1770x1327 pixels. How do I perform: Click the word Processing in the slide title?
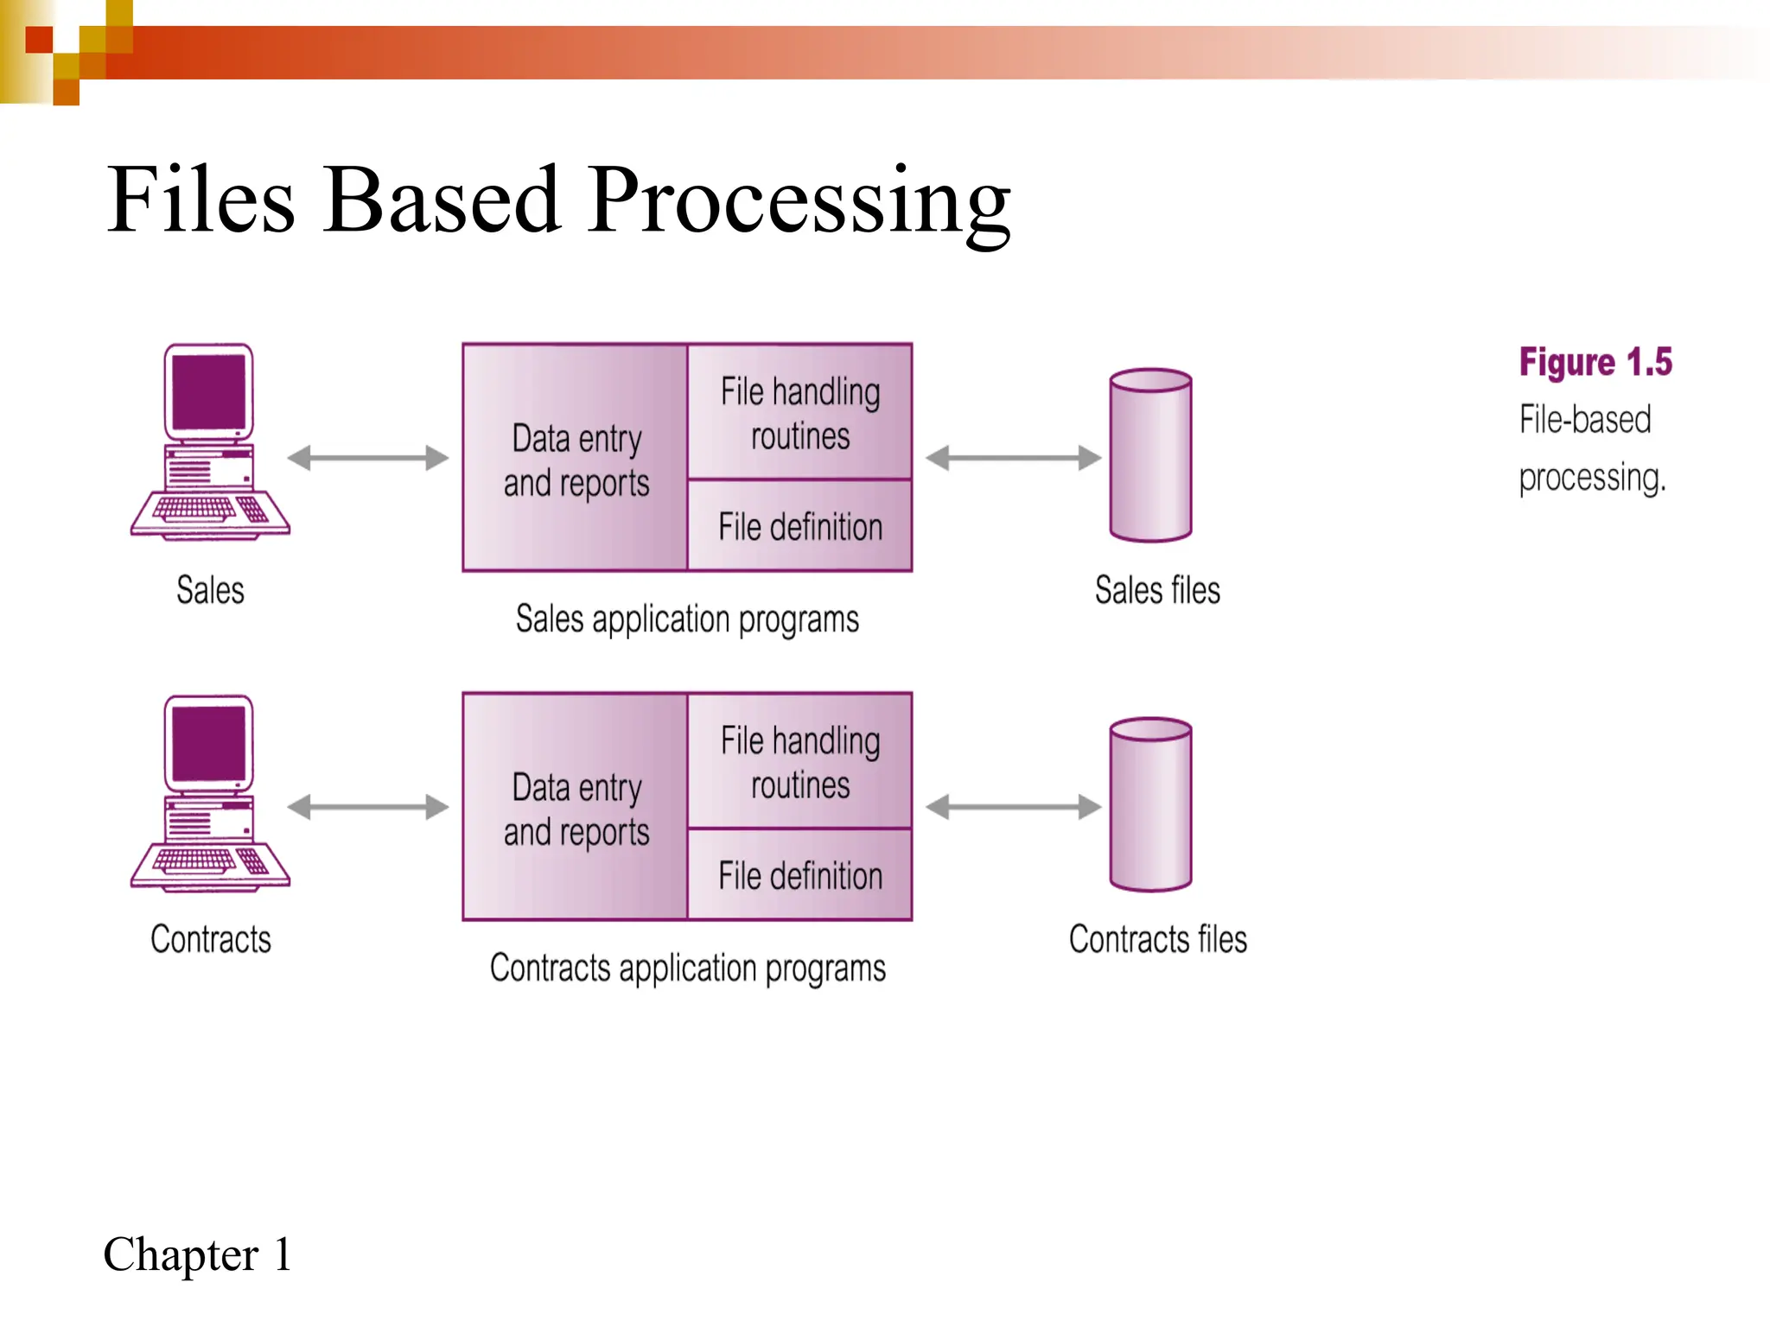[x=799, y=202]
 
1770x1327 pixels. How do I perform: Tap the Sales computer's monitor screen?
[x=209, y=390]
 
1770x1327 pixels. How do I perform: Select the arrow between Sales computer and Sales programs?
[x=368, y=458]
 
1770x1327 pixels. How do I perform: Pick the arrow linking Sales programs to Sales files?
[x=1013, y=458]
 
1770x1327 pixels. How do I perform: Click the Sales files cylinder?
[x=1150, y=456]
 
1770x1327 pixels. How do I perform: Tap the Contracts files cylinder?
[x=1150, y=805]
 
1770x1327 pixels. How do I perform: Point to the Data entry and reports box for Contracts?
[x=576, y=809]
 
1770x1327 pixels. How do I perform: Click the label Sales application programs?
[x=687, y=619]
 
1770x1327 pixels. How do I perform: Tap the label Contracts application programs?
[x=687, y=968]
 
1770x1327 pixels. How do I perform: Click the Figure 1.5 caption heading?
[x=1595, y=362]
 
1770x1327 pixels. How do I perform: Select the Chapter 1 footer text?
[x=197, y=1254]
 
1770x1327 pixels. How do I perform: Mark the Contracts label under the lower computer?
[x=210, y=939]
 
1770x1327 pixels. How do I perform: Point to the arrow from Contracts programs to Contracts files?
[x=1013, y=807]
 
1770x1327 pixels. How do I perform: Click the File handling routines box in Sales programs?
[x=799, y=413]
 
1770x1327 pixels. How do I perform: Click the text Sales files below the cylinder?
[x=1157, y=590]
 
